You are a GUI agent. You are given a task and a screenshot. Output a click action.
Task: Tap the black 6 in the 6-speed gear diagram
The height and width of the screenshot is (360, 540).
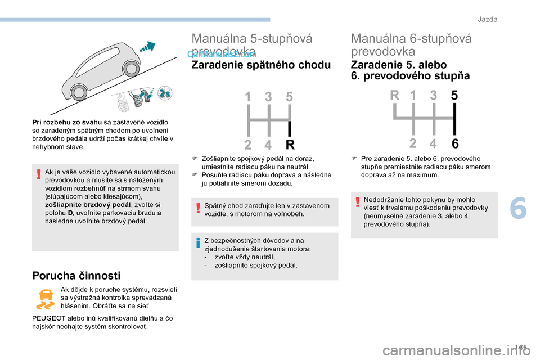454,143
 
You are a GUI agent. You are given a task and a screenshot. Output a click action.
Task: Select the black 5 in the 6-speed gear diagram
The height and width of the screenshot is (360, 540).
454,96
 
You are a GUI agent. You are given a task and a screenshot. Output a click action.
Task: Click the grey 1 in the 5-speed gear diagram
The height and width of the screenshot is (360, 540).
248,97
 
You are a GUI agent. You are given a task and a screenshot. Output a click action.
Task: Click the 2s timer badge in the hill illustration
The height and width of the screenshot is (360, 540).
165,94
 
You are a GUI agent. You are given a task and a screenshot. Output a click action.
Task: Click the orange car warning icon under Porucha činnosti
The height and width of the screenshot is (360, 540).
45,298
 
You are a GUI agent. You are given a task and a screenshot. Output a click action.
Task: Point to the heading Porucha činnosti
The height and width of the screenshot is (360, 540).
76,275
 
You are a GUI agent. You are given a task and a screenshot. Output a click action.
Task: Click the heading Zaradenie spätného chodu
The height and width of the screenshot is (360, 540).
262,65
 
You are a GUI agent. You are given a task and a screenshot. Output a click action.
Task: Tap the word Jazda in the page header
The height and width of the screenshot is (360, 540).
488,20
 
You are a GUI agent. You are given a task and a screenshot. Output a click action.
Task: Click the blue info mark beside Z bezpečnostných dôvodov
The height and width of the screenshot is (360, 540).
199,243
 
